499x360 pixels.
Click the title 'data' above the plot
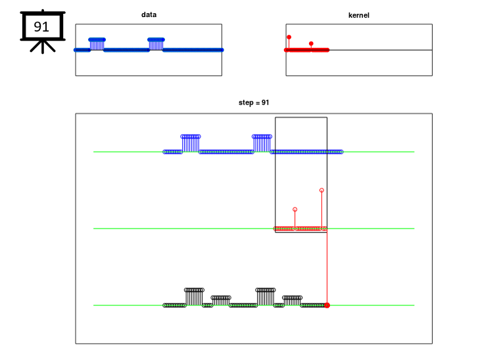[149, 14]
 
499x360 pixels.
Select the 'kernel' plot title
[359, 15]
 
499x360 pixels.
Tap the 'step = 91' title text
[254, 102]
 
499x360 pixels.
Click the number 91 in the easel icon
[41, 27]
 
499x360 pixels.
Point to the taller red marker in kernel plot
[289, 37]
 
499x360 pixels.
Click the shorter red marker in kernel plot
[311, 43]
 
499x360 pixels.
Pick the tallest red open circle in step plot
[321, 190]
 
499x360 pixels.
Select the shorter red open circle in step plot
[295, 210]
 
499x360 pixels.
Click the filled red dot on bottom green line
[327, 305]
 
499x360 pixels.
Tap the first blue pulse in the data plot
[97, 44]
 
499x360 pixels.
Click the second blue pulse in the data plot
[156, 44]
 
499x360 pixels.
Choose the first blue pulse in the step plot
[191, 144]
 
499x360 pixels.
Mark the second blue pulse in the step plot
[262, 144]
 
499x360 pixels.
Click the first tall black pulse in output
[194, 297]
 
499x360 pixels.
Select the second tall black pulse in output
[266, 297]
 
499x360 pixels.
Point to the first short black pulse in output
[221, 301]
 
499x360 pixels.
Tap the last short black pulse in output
[292, 301]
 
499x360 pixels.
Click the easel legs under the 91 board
[43, 47]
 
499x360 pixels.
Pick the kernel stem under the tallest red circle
[321, 210]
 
